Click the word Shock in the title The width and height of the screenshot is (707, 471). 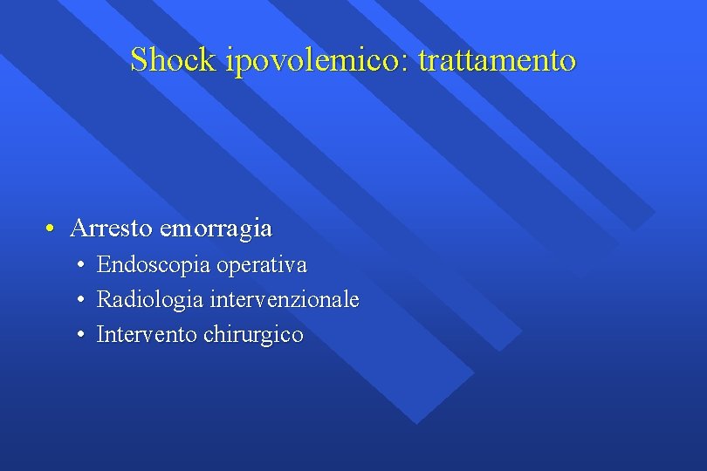point(174,60)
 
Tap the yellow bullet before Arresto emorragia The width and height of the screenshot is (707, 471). point(51,229)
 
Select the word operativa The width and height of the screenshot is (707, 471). point(262,264)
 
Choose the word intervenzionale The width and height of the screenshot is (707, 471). point(285,300)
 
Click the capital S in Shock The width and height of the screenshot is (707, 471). point(139,60)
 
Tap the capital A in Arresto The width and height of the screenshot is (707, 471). point(78,229)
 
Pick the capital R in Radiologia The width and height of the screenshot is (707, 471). point(104,300)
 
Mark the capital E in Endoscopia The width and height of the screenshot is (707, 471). point(103,264)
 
